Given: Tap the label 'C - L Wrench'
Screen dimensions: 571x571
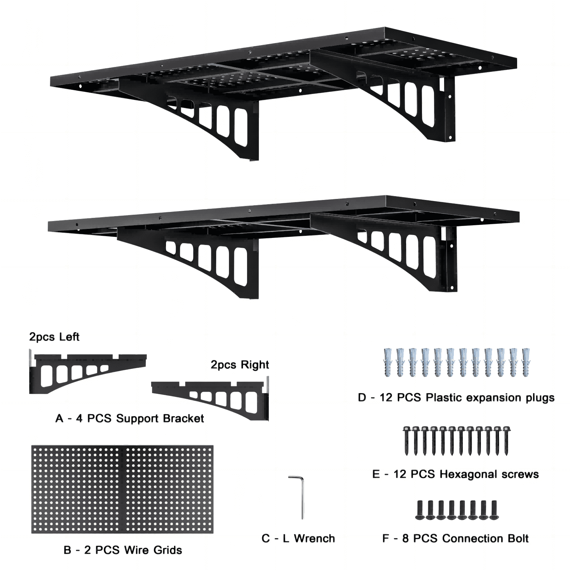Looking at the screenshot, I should point(298,538).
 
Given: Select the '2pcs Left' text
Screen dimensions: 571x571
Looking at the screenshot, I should point(54,337).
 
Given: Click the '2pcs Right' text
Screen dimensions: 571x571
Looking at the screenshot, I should point(240,365).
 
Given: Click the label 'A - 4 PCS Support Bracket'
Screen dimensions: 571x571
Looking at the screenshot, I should point(129,418).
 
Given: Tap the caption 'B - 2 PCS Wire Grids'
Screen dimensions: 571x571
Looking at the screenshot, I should point(123,550).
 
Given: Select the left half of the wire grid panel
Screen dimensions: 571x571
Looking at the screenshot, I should point(78,489).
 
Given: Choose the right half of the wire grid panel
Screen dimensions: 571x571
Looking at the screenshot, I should point(169,489).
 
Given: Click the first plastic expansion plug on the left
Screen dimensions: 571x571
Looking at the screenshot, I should point(388,362).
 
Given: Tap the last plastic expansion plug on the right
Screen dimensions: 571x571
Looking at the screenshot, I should point(526,362).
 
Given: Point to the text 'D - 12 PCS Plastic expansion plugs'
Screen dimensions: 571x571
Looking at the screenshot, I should point(456,398).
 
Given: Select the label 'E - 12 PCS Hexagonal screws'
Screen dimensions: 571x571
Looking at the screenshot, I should point(455,474).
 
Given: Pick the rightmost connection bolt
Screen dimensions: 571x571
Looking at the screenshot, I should point(494,510).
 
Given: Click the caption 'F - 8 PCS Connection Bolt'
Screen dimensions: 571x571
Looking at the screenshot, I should point(455,538).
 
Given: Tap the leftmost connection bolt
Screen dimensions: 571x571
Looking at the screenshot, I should point(420,510).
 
